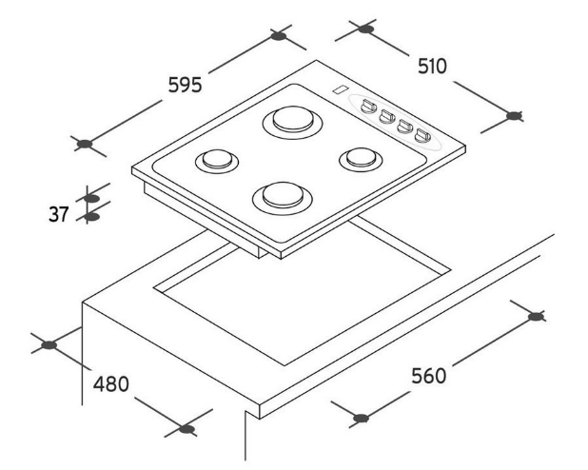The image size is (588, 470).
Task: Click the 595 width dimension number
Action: click(185, 85)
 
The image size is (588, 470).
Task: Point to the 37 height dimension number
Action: click(60, 215)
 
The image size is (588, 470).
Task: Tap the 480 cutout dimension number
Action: click(110, 384)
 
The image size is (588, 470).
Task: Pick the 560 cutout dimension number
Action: click(427, 374)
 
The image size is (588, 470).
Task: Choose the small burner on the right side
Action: click(360, 158)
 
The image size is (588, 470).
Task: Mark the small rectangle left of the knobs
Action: click(339, 91)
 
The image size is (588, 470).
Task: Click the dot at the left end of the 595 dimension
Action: click(85, 145)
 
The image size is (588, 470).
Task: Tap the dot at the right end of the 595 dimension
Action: click(278, 36)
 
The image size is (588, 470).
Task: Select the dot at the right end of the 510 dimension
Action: click(515, 116)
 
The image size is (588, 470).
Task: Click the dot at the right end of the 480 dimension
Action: click(187, 429)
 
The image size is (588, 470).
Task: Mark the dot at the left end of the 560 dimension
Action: click(360, 417)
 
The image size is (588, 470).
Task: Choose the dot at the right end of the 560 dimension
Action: click(537, 316)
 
